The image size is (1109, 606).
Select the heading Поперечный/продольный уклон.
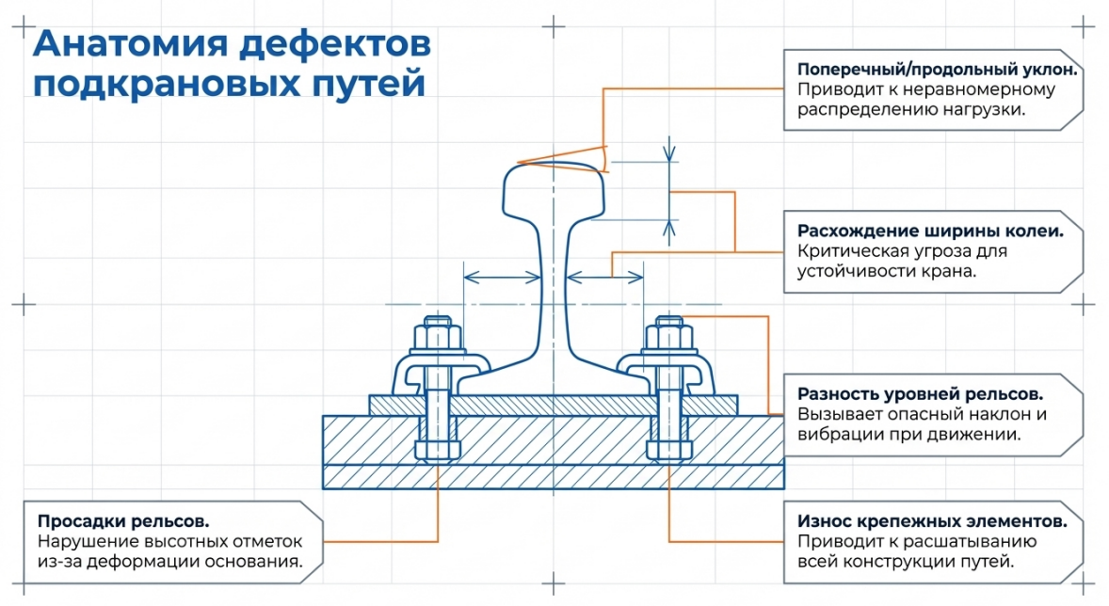pyautogui.click(x=937, y=70)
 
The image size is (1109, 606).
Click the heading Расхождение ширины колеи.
pyautogui.click(x=930, y=231)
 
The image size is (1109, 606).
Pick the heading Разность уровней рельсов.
pyautogui.click(x=920, y=393)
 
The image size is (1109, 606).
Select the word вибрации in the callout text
pyautogui.click(x=838, y=435)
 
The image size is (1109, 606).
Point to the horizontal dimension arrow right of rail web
pyautogui.click(x=606, y=277)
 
